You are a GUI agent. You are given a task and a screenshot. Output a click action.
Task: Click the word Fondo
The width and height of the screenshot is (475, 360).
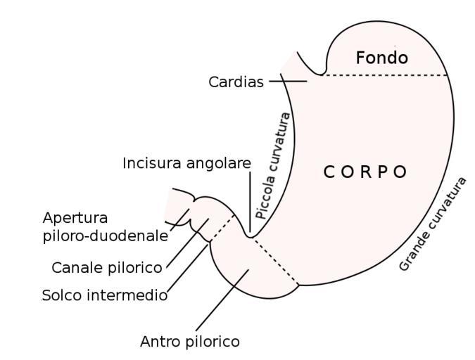[381, 58]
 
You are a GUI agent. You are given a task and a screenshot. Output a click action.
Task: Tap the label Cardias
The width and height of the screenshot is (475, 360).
[236, 82]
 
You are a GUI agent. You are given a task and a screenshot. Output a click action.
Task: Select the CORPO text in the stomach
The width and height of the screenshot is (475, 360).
[365, 172]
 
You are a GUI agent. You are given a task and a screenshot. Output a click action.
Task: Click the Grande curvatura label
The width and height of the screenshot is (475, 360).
[432, 224]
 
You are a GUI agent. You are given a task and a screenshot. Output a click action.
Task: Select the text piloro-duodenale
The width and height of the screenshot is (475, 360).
[105, 236]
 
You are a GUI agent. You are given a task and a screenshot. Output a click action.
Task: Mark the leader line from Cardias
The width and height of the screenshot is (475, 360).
[288, 82]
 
